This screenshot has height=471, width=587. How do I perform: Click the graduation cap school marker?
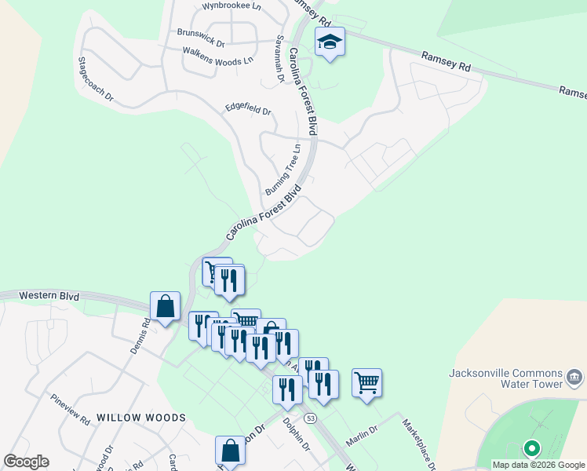point(330,42)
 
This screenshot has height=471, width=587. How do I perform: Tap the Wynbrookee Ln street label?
point(232,5)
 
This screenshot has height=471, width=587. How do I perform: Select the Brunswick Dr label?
point(201,33)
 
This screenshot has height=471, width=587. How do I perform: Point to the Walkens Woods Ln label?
point(218,56)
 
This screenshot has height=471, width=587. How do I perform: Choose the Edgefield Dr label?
point(247,111)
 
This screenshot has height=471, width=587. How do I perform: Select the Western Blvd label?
point(49,296)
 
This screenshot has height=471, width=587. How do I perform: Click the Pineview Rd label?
point(68,410)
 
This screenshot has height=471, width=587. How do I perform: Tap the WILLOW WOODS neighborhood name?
point(141,418)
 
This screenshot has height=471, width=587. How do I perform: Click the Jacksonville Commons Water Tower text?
point(505,378)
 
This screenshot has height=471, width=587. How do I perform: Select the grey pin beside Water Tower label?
point(575,378)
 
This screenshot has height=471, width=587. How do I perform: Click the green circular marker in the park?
point(532,449)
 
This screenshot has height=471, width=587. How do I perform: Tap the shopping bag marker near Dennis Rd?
point(166,307)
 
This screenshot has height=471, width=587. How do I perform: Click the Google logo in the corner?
point(26,462)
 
